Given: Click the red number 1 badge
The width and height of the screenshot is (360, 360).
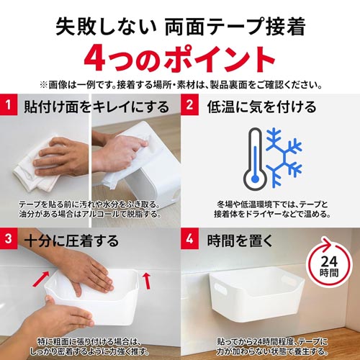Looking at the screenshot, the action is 9,104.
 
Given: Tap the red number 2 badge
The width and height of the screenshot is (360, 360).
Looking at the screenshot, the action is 189,104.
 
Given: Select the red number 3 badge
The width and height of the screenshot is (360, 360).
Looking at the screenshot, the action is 9,238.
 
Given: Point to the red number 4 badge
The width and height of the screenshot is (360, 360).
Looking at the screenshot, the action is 189,238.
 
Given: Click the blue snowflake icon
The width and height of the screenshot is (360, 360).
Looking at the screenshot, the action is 284,158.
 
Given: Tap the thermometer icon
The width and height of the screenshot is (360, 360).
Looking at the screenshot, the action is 255,159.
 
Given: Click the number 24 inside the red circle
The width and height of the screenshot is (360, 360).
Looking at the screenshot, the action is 329,261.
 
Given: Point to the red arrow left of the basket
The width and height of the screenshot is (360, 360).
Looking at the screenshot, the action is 41,279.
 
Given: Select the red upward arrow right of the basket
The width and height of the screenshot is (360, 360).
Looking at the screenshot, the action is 147,280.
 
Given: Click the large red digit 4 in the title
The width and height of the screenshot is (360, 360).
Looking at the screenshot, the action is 95,59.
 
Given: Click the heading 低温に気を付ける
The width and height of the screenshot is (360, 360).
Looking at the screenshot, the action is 261,107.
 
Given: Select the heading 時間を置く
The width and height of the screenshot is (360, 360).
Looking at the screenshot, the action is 240,240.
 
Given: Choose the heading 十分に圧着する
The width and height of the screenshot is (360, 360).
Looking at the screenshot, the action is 71,240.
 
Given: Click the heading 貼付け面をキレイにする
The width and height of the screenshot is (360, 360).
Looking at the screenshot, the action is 96,107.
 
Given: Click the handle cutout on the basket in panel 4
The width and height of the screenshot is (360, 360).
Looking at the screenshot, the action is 221,289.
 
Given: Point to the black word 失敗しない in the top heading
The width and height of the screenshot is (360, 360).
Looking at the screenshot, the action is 106,27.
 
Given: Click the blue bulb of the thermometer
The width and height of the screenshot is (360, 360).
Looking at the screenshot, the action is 255,179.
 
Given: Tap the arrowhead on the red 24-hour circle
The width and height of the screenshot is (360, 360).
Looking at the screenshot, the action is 327,244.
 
